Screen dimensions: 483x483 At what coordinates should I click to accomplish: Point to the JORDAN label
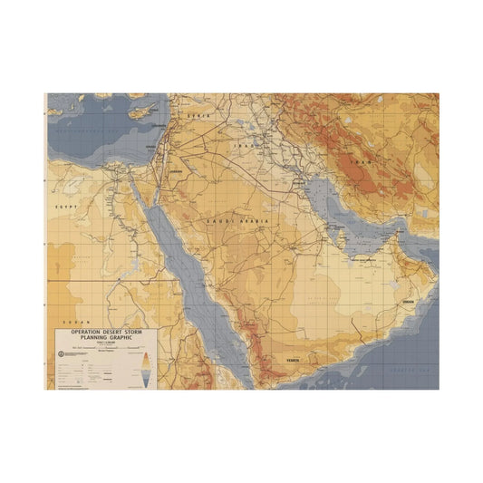click(x=175, y=169)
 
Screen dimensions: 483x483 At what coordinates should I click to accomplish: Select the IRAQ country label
click(x=244, y=145)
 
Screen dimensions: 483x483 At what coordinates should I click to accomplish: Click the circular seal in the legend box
click(x=62, y=353)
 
